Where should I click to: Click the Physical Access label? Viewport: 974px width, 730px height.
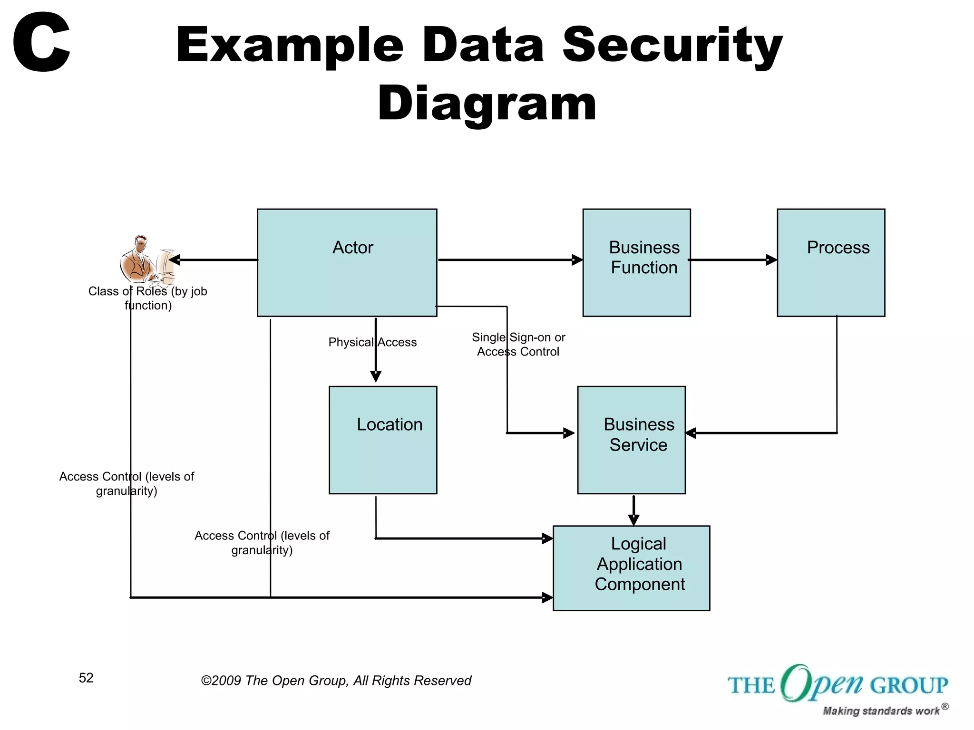point(372,342)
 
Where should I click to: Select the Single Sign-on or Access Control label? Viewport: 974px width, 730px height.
point(518,345)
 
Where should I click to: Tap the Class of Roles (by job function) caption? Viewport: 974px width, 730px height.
point(148,298)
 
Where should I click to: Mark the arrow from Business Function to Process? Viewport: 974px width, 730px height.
point(732,259)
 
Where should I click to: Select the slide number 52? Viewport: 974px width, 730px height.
point(86,678)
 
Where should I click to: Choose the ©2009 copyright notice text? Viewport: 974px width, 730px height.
point(336,681)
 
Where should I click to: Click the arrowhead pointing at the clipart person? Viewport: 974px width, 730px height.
point(175,259)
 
